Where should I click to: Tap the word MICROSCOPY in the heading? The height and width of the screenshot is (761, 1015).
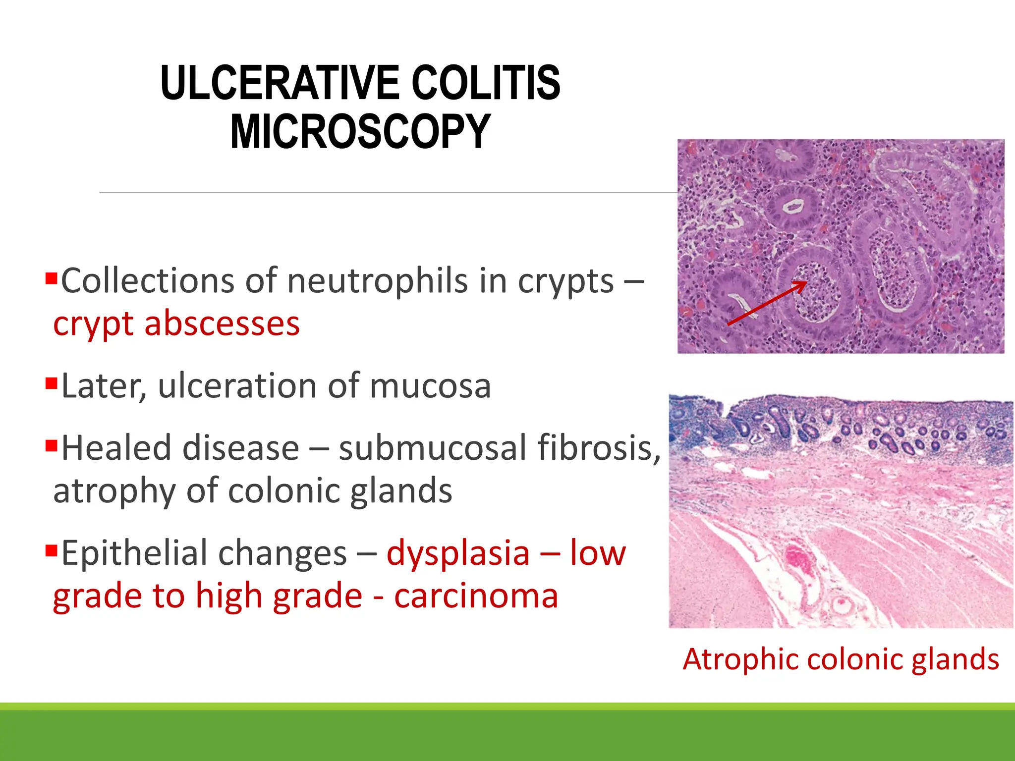pos(360,131)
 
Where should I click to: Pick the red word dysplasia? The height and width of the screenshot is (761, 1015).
pos(458,553)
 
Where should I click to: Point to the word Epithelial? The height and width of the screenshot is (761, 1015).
pos(204,553)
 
